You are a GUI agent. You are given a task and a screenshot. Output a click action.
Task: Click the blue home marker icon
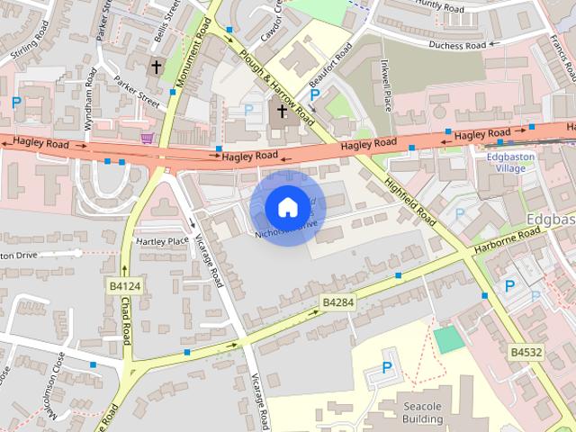(x=287, y=207)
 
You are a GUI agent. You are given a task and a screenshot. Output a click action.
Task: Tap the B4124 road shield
(x=126, y=286)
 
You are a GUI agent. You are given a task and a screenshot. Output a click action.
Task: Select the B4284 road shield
(x=338, y=303)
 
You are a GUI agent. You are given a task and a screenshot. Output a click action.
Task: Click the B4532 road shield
(x=526, y=352)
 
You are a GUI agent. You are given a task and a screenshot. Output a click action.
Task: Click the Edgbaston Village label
(x=511, y=161)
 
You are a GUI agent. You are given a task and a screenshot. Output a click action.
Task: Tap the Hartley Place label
(x=162, y=241)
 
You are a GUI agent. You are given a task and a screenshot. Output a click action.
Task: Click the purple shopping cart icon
(x=147, y=138)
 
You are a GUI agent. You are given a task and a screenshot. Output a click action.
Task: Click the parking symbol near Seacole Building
(x=388, y=367)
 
